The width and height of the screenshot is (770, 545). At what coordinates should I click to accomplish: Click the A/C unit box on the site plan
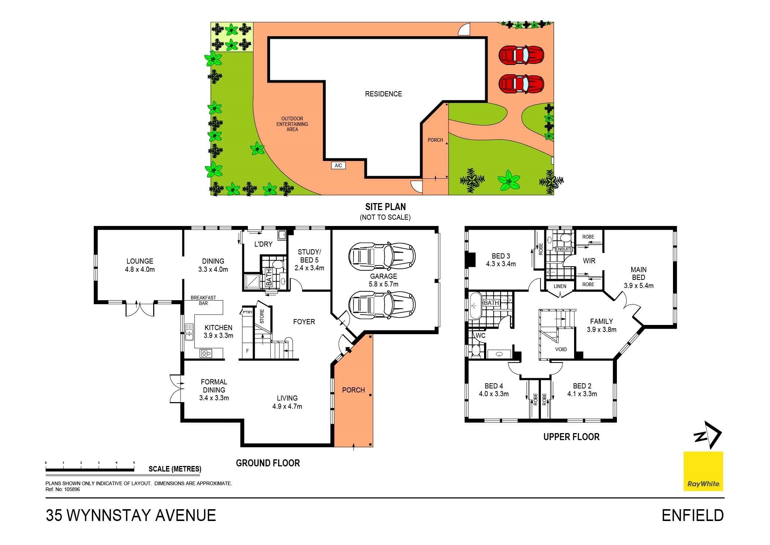338,165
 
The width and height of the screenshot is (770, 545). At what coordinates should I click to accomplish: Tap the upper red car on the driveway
521,55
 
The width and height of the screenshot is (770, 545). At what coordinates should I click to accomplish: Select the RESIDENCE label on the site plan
383,94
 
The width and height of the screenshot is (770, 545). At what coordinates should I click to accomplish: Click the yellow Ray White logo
703,471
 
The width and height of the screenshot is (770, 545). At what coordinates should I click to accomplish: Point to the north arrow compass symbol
707,436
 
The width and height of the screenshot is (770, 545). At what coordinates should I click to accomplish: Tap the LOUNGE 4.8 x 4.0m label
139,265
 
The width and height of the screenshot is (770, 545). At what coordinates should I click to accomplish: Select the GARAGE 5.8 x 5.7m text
383,280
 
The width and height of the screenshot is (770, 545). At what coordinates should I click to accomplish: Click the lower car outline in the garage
382,305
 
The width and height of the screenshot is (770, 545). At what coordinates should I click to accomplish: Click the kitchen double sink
189,331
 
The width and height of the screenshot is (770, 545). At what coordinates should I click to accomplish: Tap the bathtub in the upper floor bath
475,306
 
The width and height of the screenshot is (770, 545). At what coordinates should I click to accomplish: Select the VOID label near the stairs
561,349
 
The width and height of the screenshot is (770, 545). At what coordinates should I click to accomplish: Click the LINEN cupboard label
560,287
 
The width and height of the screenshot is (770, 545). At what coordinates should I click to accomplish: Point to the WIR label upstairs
589,261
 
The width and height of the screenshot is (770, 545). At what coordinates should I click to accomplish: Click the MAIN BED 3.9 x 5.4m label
638,277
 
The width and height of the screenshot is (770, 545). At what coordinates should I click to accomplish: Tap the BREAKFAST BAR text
203,300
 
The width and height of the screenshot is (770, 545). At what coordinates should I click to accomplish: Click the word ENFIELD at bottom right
693,515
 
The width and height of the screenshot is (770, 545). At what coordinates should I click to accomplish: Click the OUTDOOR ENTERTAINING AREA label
292,124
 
